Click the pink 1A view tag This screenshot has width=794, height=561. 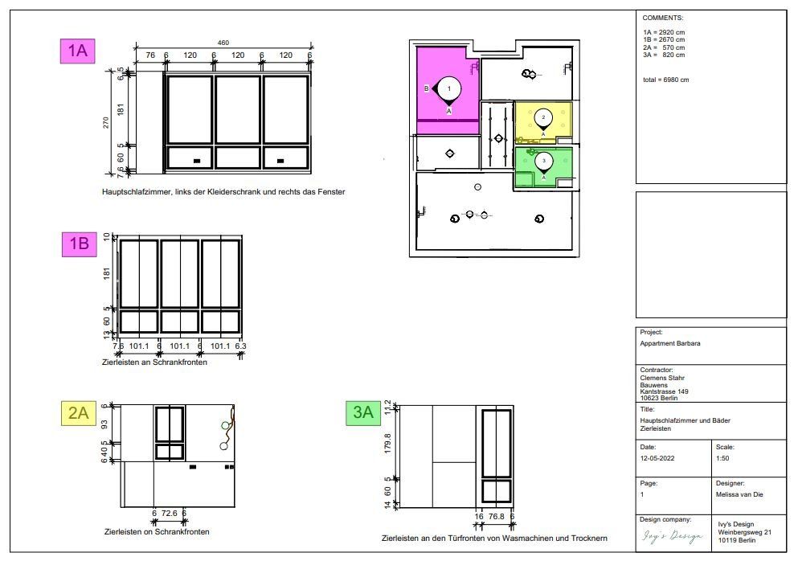(x=77, y=51)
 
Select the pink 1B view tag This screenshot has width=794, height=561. (x=79, y=244)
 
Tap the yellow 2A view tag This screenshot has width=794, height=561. (x=79, y=412)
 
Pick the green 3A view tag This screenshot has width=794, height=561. (x=363, y=412)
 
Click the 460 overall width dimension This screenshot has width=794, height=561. (x=223, y=43)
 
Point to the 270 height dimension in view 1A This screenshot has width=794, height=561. (x=106, y=122)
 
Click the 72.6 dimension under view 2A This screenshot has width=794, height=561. (x=169, y=514)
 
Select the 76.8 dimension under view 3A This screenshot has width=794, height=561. (x=497, y=517)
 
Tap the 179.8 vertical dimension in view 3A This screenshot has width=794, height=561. (x=388, y=443)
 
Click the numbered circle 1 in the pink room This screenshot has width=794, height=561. (x=448, y=89)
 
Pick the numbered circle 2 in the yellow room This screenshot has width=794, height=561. (x=543, y=117)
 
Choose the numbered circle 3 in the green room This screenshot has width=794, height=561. (x=544, y=161)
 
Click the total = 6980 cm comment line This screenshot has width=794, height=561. (x=666, y=80)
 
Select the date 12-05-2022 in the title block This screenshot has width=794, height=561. (x=657, y=458)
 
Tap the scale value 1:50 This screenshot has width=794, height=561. (x=722, y=458)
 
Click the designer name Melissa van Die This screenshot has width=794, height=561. (x=739, y=494)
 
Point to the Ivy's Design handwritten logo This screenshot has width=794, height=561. (x=673, y=536)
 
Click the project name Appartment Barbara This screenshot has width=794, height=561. (x=670, y=343)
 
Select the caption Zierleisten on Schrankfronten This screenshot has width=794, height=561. (x=157, y=531)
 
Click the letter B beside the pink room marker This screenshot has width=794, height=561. (x=427, y=88)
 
